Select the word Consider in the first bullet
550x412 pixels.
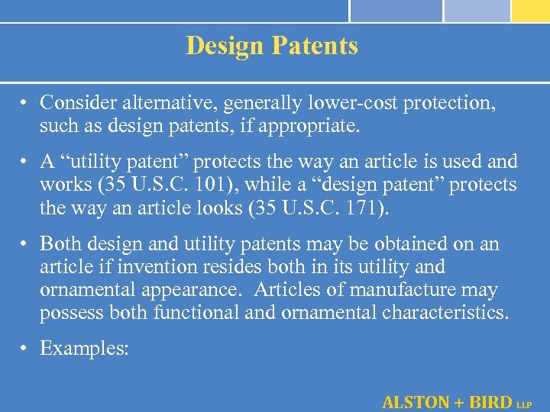click(x=76, y=102)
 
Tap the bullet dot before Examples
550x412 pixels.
click(x=25, y=349)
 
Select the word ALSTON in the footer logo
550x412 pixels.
click(x=416, y=401)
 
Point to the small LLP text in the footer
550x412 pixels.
click(x=526, y=404)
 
